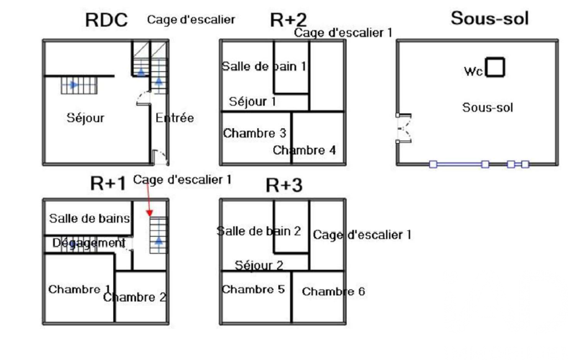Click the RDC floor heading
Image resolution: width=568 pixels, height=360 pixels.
tap(106, 20)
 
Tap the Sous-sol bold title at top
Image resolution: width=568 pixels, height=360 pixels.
tap(489, 18)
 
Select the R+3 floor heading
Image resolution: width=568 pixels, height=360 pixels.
tap(284, 186)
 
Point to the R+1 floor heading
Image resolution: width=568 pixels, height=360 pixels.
tap(109, 183)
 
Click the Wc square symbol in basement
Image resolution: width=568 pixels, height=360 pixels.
tap(494, 67)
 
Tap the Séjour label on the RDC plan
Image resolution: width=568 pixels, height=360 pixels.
tap(85, 117)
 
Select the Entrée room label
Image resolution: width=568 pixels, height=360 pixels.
tap(175, 117)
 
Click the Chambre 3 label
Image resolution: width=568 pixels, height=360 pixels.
tap(254, 133)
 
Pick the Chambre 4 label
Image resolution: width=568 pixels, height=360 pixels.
tap(304, 150)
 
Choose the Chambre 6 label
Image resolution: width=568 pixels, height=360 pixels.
tap(333, 291)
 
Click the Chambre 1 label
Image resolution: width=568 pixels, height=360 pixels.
tap(79, 289)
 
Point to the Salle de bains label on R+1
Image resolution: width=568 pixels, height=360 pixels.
tap(89, 218)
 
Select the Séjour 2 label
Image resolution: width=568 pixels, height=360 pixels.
tap(259, 265)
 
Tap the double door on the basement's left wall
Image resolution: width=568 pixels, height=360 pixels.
tap(403, 128)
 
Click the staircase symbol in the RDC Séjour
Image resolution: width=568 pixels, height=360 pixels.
tap(78, 85)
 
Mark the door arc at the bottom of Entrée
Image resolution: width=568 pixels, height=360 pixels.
tap(160, 157)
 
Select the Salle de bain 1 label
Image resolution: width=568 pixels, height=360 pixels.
tap(264, 66)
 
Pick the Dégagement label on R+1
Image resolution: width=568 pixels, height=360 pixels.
tap(89, 243)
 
